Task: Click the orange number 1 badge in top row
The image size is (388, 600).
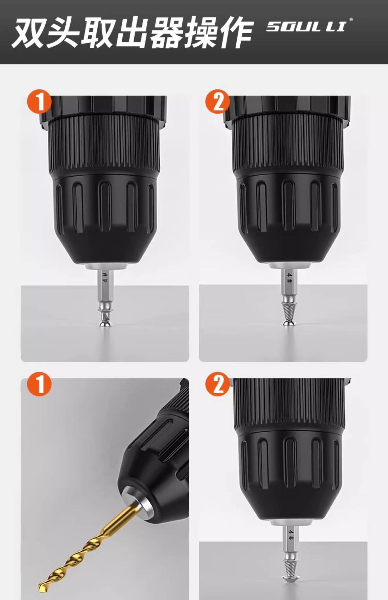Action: click(39, 102)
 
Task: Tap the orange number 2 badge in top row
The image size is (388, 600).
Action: click(217, 102)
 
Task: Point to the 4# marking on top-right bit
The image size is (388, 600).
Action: click(289, 278)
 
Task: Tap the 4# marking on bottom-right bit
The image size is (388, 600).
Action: click(291, 535)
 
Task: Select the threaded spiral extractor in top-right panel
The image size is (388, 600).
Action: click(288, 311)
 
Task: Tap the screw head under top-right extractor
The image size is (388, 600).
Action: click(288, 323)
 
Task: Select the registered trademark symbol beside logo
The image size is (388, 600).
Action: click(351, 19)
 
